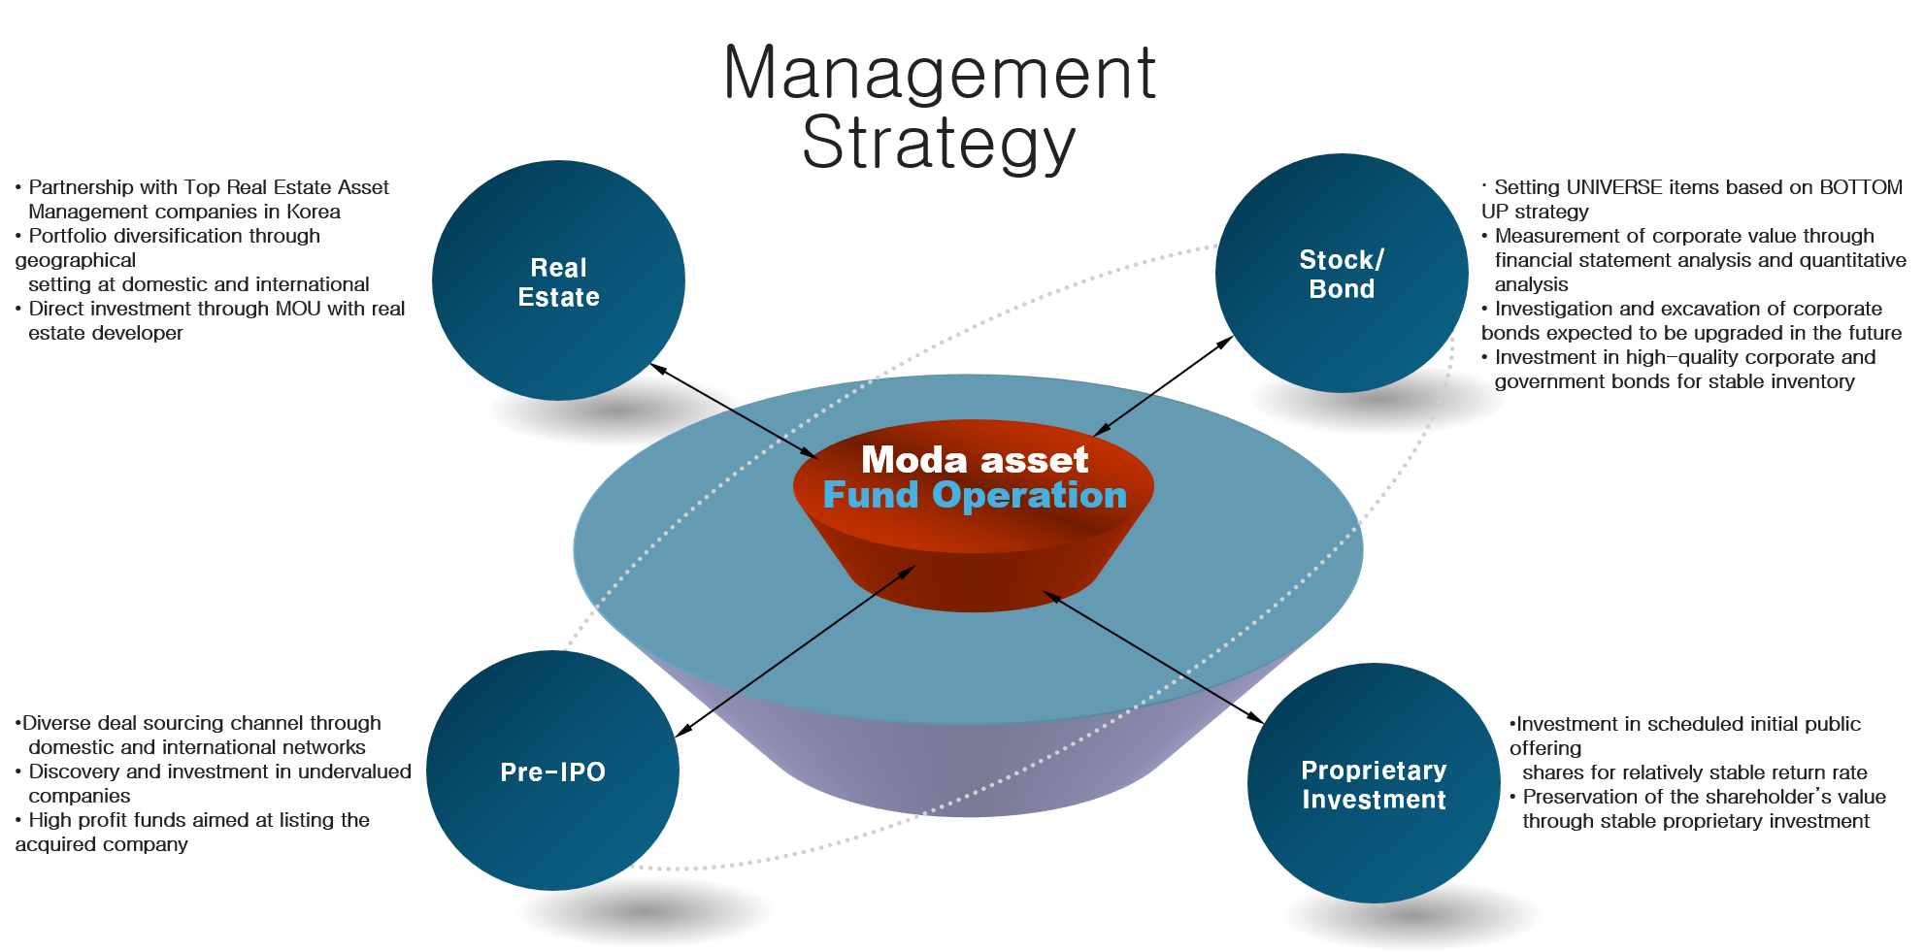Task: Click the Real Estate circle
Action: pos(558,281)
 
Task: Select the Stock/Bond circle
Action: pos(1342,274)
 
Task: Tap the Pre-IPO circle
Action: pos(552,771)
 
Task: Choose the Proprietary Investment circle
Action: pos(1374,784)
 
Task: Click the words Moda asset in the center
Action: pos(975,459)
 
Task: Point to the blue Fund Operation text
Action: pos(975,495)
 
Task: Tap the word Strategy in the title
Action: pos(939,144)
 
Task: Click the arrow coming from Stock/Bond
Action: pos(1122,415)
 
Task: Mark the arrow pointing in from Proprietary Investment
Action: pos(1138,646)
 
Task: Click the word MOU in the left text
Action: pos(298,309)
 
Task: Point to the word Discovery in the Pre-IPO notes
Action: pos(74,771)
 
